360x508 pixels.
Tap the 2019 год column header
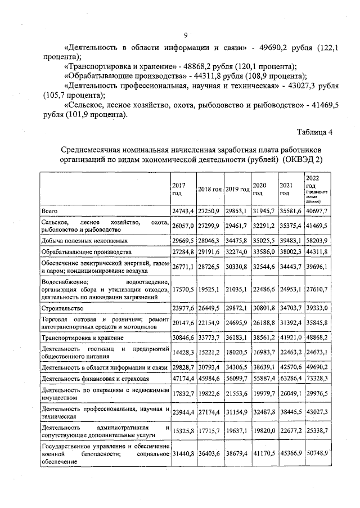click(x=237, y=188)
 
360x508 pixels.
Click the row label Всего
click(x=50, y=210)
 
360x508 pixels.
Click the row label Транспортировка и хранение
click(x=80, y=338)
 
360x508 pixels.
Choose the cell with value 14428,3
click(x=182, y=352)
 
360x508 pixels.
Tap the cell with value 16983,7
click(x=264, y=352)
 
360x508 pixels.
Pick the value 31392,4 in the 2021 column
click(x=291, y=323)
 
